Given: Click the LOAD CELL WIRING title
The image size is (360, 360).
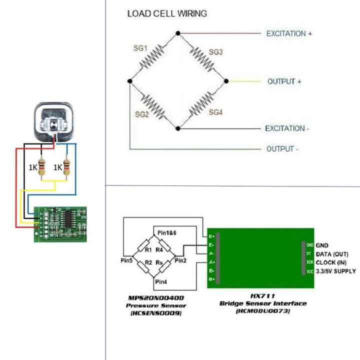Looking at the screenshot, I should click(x=167, y=13).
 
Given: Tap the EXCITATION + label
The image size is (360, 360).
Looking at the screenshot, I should click(x=289, y=33).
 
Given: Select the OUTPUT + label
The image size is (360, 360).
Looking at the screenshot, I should click(x=284, y=81).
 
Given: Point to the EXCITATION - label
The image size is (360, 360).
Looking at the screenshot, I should click(x=287, y=128).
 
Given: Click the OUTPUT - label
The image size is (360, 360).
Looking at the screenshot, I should click(x=282, y=149).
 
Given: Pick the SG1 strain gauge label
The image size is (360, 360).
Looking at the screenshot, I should click(x=140, y=48).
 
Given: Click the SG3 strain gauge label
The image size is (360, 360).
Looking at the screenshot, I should click(x=215, y=51).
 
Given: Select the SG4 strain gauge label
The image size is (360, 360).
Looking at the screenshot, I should click(x=215, y=111).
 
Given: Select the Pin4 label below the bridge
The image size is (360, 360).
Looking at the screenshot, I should click(x=161, y=282).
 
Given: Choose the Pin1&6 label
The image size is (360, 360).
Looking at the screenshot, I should click(x=167, y=232).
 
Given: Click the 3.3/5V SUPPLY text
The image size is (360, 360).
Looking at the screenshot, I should click(x=336, y=271).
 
